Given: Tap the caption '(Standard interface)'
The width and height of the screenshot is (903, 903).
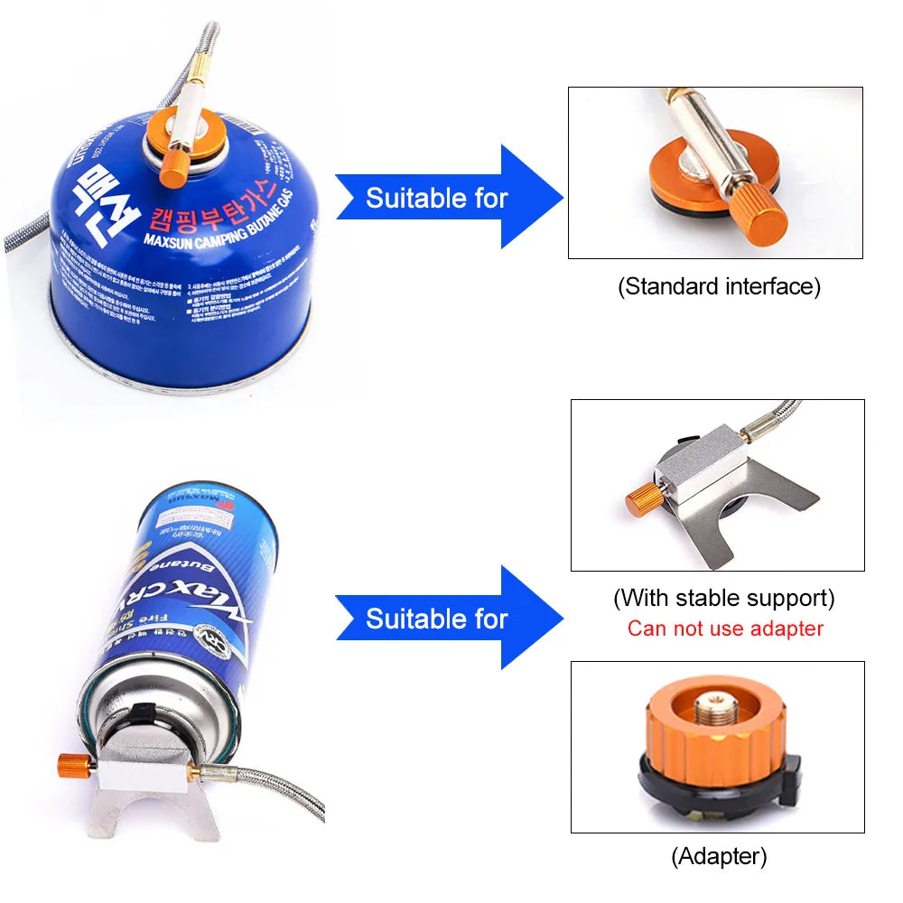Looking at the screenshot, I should (x=719, y=287).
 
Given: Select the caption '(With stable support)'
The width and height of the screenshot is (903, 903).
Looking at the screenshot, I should (x=723, y=598).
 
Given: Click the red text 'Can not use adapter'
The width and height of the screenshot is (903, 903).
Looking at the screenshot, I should (x=725, y=628).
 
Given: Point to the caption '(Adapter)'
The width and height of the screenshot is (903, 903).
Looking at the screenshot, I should (x=719, y=855).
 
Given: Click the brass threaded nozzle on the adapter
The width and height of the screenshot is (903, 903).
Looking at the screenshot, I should (x=718, y=700).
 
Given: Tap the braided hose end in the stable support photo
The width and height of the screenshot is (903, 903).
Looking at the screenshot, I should (x=777, y=418).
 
